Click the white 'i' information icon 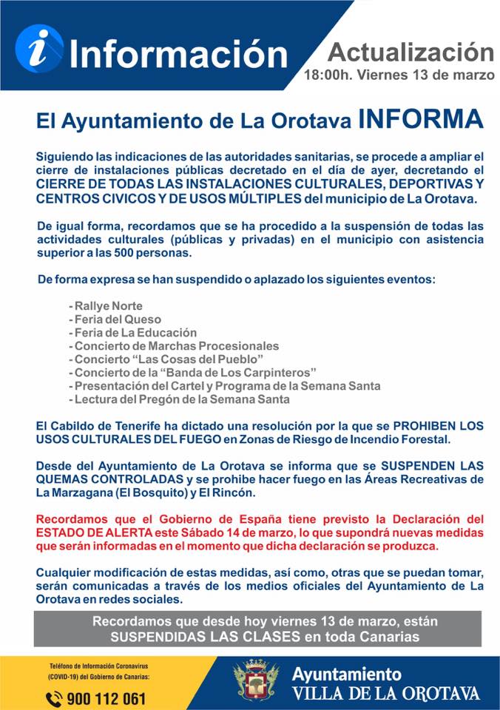[38, 47]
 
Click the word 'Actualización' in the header [411, 52]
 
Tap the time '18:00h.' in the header [328, 75]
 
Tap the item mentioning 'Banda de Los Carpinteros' [195, 372]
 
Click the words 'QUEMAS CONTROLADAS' [92, 479]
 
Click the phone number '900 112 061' [106, 697]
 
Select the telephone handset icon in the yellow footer [54, 697]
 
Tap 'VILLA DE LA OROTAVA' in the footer [385, 694]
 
